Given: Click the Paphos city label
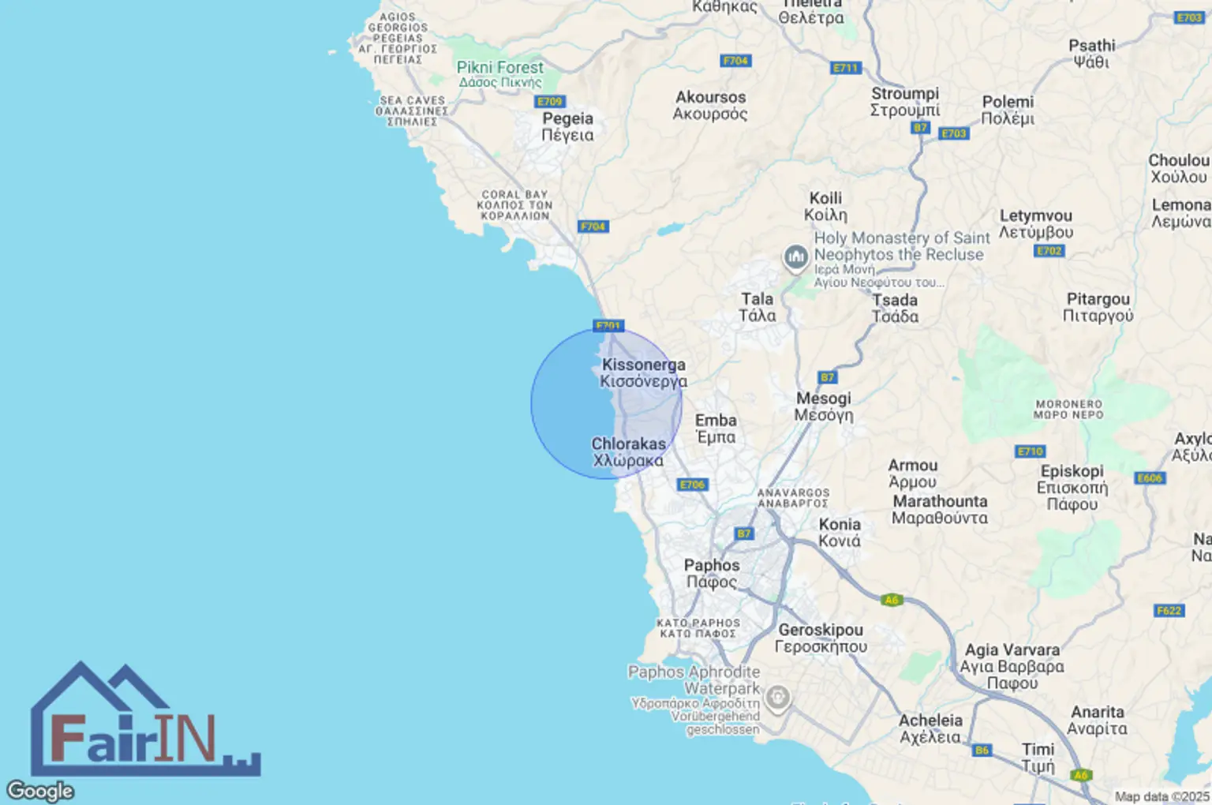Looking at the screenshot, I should tap(712, 574).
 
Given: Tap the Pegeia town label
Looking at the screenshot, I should tap(567, 126).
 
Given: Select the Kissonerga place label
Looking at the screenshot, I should tap(643, 373).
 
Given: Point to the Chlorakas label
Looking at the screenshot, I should tap(629, 452).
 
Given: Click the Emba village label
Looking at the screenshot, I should tap(716, 429).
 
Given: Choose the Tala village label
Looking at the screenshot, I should tap(757, 307).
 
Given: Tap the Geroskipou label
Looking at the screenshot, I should tap(821, 638).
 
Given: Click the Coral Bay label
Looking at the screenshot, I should tap(514, 205).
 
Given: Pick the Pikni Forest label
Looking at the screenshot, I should tap(500, 74).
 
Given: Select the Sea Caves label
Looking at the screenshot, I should tap(412, 111).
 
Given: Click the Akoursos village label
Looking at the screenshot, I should tap(710, 105).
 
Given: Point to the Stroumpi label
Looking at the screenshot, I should tap(905, 101).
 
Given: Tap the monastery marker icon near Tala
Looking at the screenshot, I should tap(795, 256).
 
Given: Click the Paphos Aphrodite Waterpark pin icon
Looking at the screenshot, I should tap(778, 698).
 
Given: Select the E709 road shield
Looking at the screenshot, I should tap(550, 102).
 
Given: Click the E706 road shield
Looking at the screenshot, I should tap(692, 485).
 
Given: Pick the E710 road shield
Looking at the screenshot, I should tap(1030, 451).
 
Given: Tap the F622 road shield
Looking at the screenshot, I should tap(1169, 610).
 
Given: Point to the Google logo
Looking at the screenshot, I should tap(40, 790).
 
